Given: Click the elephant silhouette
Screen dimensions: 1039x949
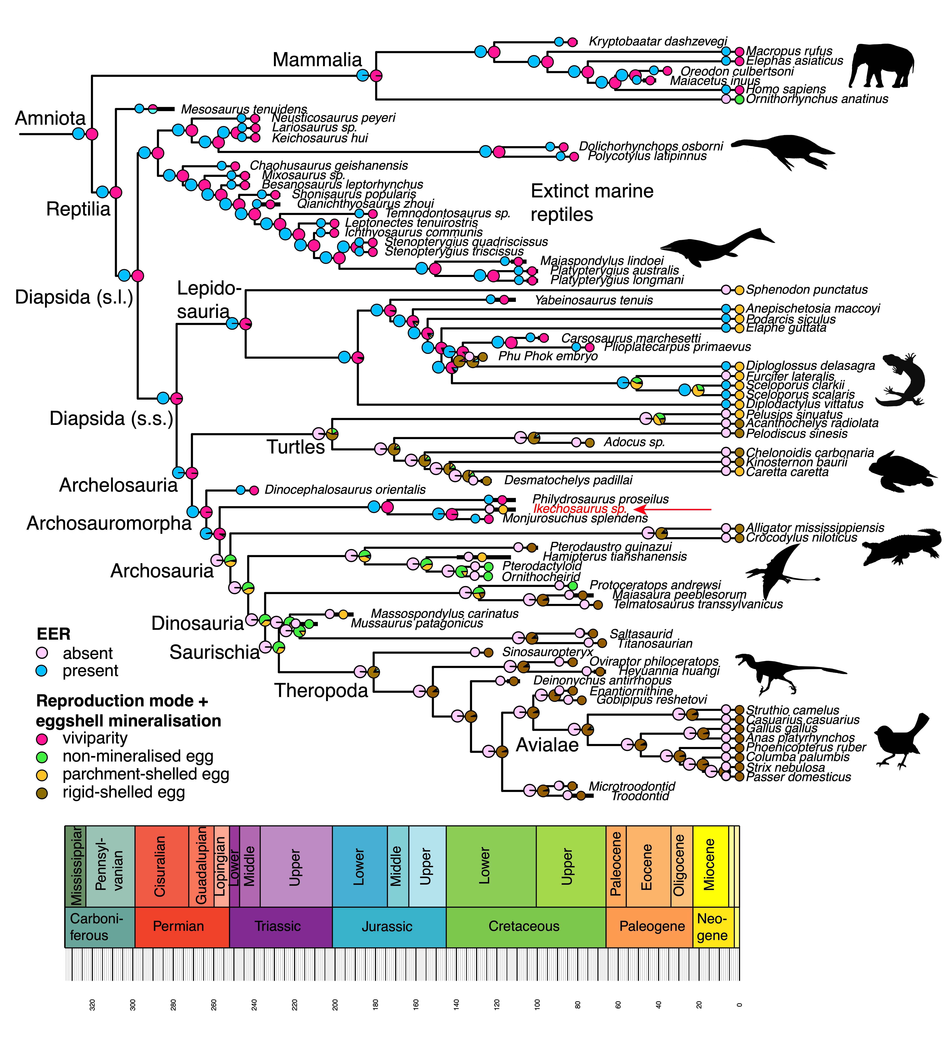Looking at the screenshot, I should coord(881,66).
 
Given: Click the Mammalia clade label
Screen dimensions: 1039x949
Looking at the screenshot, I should coord(317,60).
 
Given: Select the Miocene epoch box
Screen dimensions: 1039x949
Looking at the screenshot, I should coord(710,866).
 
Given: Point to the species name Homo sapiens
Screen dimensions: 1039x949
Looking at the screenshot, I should coord(786,89).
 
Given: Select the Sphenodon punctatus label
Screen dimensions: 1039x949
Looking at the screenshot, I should coord(806,290).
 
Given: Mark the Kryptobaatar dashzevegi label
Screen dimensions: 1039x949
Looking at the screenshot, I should coord(658,41).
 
